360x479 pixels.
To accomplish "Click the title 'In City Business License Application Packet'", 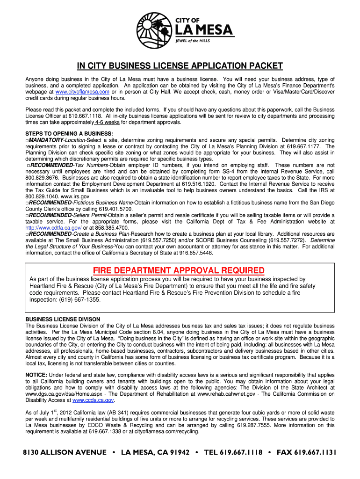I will [x=180, y=66].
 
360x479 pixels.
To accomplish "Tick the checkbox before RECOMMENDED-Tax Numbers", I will [x=29, y=166].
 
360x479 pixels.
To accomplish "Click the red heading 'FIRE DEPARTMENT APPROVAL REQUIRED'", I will [x=179, y=270].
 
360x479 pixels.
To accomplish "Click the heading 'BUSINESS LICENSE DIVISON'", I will [x=63, y=319].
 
